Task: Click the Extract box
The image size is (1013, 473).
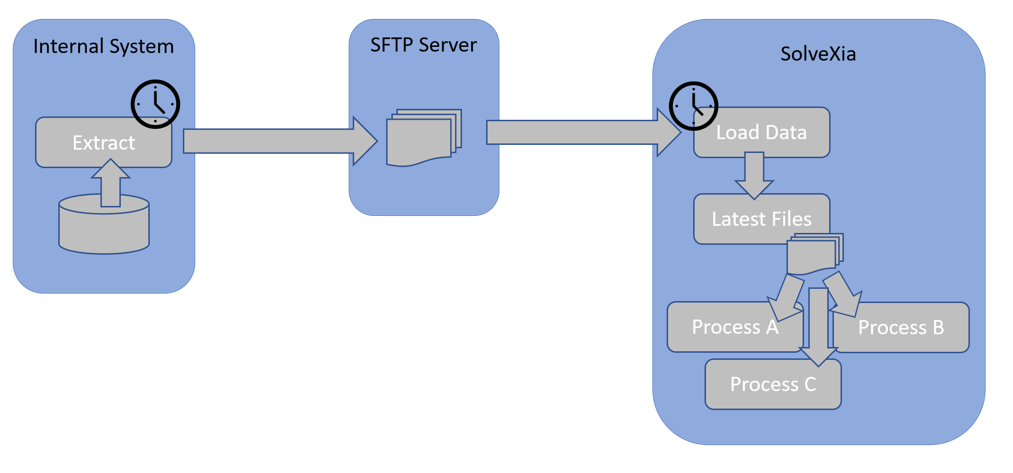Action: pyautogui.click(x=95, y=143)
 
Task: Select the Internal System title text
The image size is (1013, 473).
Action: pyautogui.click(x=103, y=46)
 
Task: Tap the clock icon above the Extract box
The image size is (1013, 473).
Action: pyautogui.click(x=155, y=104)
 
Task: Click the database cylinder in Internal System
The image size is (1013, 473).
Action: pyautogui.click(x=104, y=230)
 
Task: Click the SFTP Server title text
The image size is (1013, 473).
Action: pyautogui.click(x=423, y=45)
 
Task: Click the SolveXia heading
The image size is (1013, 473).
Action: pyautogui.click(x=818, y=54)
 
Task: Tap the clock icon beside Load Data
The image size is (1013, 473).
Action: pyautogui.click(x=693, y=106)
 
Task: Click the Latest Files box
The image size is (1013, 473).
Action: pyautogui.click(x=753, y=219)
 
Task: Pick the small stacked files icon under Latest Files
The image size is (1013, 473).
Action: pyautogui.click(x=813, y=256)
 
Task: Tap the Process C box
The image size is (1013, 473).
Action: pyautogui.click(x=773, y=384)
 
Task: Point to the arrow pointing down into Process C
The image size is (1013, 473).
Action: pyautogui.click(x=818, y=327)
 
